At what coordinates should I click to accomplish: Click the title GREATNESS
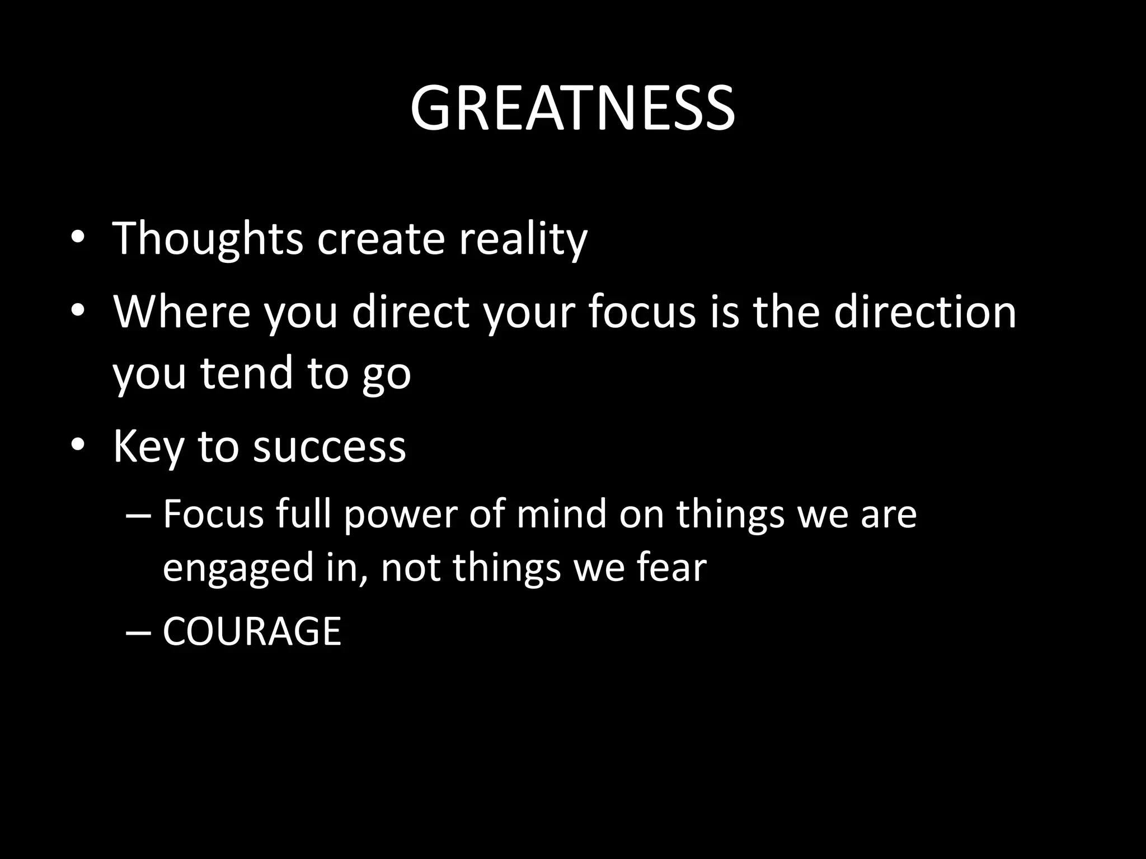(x=572, y=108)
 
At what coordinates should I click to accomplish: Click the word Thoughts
(x=208, y=239)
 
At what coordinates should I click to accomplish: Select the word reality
(x=523, y=239)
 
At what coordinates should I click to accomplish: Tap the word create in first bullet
(x=380, y=239)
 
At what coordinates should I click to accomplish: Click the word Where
(x=182, y=312)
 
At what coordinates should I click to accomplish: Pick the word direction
(x=924, y=312)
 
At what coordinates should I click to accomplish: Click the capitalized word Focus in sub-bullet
(x=213, y=515)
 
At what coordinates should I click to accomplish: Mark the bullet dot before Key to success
(x=78, y=445)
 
